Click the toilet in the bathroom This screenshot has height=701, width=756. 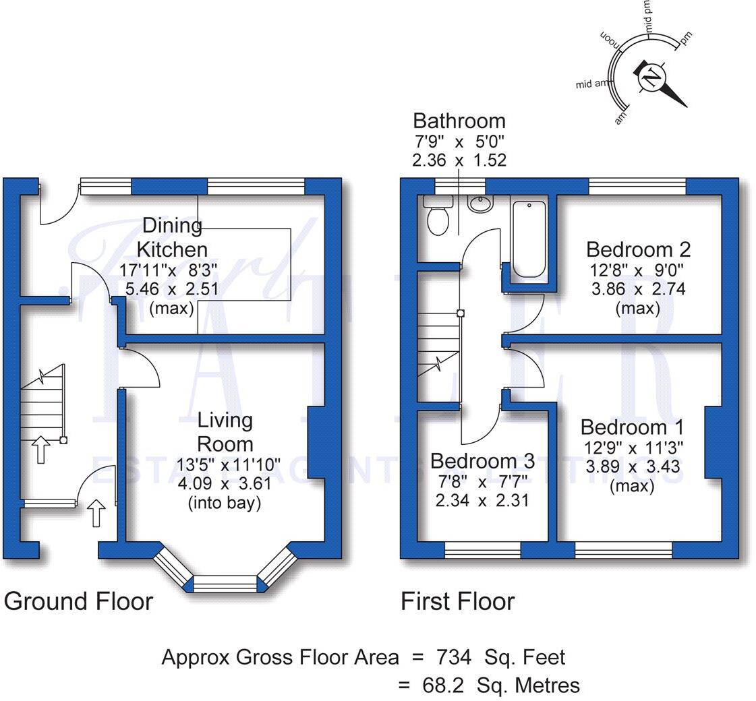pyautogui.click(x=438, y=216)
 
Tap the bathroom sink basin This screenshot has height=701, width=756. pyautogui.click(x=480, y=203)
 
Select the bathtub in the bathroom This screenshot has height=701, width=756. pyautogui.click(x=529, y=239)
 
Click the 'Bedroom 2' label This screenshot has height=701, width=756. pyautogui.click(x=638, y=249)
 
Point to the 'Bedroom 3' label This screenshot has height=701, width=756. pyautogui.click(x=482, y=461)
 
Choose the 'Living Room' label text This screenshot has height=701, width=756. pyautogui.click(x=225, y=432)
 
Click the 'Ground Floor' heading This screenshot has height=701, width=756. pyautogui.click(x=79, y=601)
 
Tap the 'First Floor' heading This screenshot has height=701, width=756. pyautogui.click(x=458, y=601)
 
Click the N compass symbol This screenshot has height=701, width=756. pyautogui.click(x=651, y=78)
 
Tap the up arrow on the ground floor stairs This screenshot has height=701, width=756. pyautogui.click(x=40, y=449)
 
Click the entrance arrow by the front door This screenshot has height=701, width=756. pyautogui.click(x=96, y=513)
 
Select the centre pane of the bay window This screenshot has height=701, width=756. pyautogui.click(x=226, y=584)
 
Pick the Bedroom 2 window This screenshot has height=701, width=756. pyautogui.click(x=637, y=186)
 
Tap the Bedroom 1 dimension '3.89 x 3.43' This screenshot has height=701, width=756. pyautogui.click(x=632, y=466)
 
